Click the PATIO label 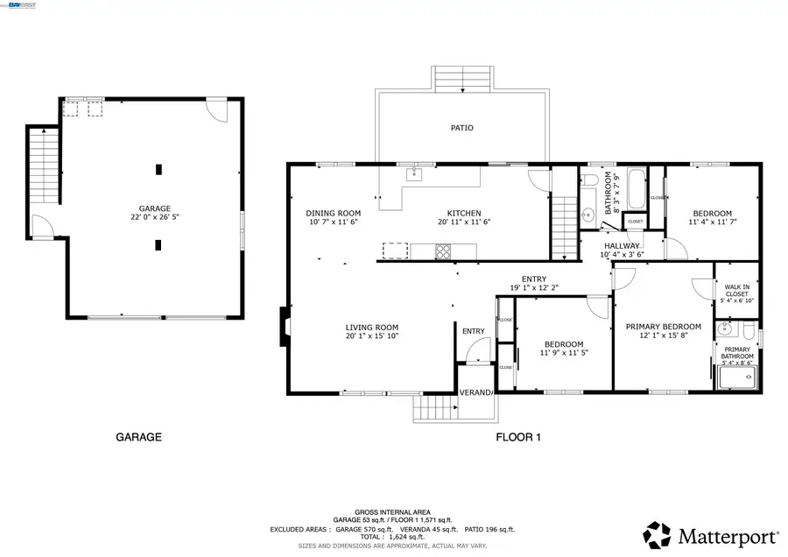pyautogui.click(x=461, y=128)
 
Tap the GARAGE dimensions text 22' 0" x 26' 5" pyautogui.click(x=154, y=216)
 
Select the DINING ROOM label pyautogui.click(x=333, y=213)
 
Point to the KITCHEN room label pyautogui.click(x=464, y=213)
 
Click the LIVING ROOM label pyautogui.click(x=371, y=328)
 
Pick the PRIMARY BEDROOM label pyautogui.click(x=663, y=327)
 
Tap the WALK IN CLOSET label pyautogui.click(x=735, y=290)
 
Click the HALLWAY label pyautogui.click(x=622, y=246)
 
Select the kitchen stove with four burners pyautogui.click(x=444, y=251)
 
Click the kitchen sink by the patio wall pyautogui.click(x=414, y=174)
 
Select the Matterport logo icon pyautogui.click(x=658, y=533)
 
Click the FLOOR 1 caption pyautogui.click(x=519, y=437)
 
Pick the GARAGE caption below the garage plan pyautogui.click(x=138, y=437)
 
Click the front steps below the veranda pyautogui.click(x=435, y=408)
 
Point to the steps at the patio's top pyautogui.click(x=461, y=79)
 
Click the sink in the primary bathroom pyautogui.click(x=723, y=331)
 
